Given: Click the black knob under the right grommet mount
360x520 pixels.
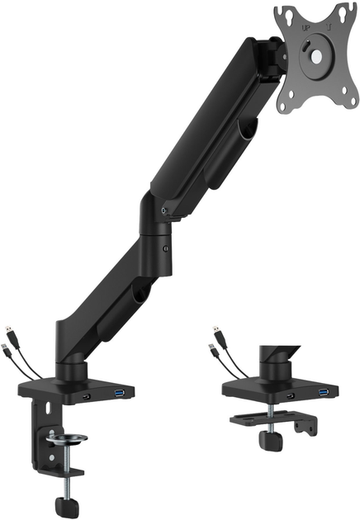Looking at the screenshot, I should [x=268, y=438].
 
